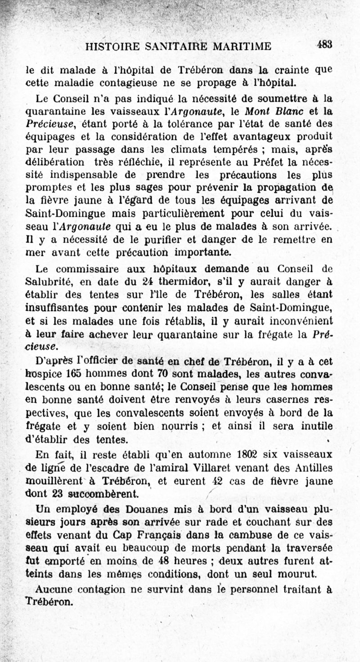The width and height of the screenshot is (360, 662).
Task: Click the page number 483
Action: [324, 44]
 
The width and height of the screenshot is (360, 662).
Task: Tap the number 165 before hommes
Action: [74, 374]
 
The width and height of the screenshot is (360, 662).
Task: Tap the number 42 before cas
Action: [218, 480]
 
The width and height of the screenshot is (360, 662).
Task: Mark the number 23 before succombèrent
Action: [57, 493]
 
